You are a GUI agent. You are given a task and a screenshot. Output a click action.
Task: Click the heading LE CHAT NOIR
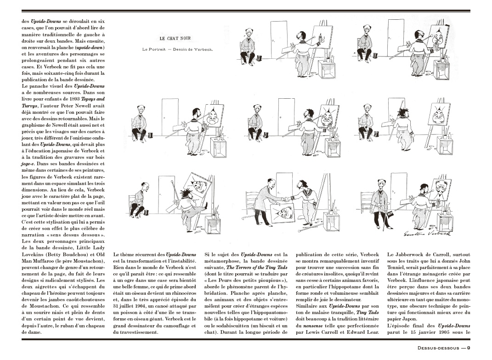(175, 39)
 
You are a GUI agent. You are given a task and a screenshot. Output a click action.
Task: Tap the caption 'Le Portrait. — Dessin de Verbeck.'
(177, 49)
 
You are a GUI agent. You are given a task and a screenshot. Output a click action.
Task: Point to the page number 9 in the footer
(468, 347)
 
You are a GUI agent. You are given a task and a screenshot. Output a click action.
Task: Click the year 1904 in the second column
(143, 305)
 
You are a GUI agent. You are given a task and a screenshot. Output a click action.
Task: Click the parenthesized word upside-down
(90, 47)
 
